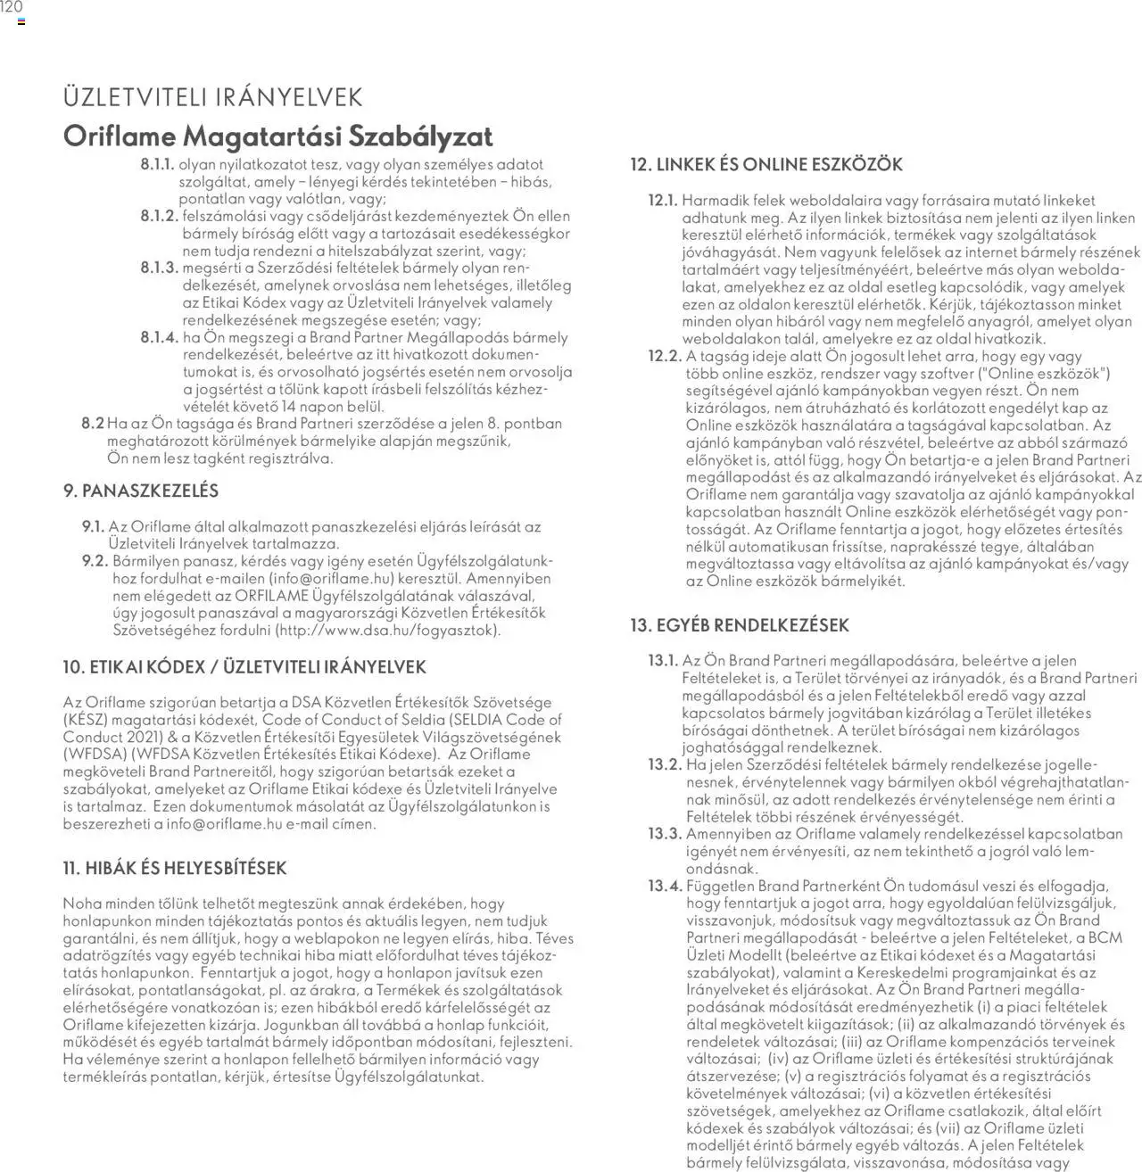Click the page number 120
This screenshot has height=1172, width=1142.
[12, 7]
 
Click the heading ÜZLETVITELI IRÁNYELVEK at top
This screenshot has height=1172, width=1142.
[212, 97]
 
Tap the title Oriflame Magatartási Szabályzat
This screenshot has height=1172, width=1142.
[277, 136]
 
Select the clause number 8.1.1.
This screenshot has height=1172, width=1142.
[157, 165]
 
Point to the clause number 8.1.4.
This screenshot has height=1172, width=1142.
[159, 338]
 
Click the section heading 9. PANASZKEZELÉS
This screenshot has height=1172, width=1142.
[141, 491]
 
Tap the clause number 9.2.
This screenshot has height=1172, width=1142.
[95, 561]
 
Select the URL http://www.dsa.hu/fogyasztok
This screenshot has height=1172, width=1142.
[386, 631]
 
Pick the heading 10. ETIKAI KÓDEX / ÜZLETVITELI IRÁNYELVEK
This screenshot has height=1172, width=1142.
[244, 667]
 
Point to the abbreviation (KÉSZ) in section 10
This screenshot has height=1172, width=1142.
[84, 720]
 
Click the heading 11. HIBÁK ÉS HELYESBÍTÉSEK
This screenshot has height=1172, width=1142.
[175, 868]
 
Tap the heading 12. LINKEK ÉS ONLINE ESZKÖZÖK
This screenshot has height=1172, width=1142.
[766, 165]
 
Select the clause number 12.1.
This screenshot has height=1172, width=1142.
[663, 201]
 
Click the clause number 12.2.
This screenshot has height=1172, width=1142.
[665, 356]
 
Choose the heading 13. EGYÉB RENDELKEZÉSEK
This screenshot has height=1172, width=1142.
[741, 625]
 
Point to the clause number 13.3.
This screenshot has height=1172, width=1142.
[665, 834]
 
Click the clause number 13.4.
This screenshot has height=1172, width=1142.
[666, 886]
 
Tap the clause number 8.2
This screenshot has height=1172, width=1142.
[93, 424]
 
